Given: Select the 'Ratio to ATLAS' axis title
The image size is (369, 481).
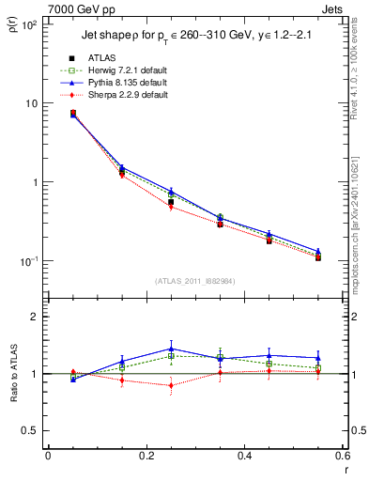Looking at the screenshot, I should coord(12,404).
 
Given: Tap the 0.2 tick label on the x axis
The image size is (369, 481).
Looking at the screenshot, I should coord(146,456).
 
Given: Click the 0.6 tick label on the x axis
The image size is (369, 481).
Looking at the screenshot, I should coord(342,456).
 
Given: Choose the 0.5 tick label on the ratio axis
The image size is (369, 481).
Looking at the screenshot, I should coord(31,430).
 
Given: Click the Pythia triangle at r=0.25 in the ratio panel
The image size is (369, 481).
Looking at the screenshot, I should coord(171,349).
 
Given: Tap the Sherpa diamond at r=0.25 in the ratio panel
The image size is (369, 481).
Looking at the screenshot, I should coord(171,385).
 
